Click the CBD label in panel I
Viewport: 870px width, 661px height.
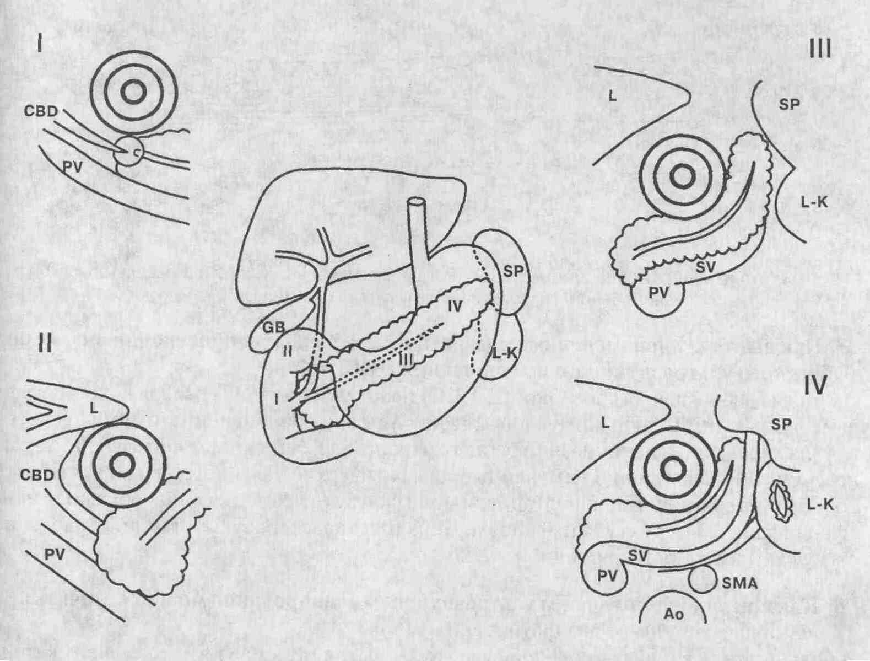tap(41, 111)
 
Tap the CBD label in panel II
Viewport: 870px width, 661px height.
tap(37, 475)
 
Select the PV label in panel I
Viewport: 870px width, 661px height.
tap(73, 168)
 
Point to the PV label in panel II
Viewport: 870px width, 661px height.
tap(55, 555)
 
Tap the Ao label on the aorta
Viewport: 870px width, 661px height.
tap(674, 626)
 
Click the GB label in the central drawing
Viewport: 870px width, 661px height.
tap(273, 329)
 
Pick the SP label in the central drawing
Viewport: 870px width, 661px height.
tap(514, 272)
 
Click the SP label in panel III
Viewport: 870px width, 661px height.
tap(789, 105)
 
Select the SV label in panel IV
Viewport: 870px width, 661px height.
tap(638, 556)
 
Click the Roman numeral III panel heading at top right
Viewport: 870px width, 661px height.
tap(819, 50)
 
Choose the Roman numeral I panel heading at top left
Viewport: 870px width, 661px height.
tap(39, 44)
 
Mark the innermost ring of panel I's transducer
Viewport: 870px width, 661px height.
tap(133, 93)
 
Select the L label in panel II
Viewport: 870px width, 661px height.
tap(94, 409)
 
